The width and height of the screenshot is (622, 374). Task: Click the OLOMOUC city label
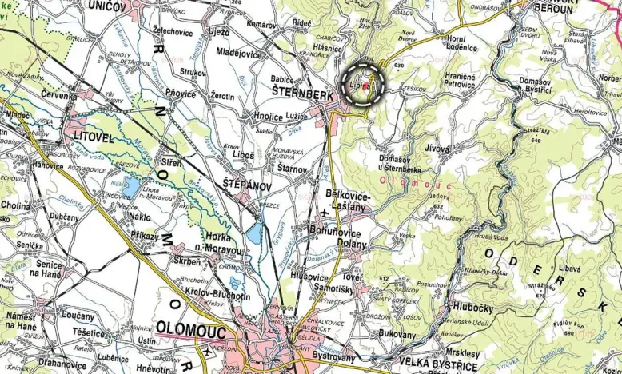pos(191,328)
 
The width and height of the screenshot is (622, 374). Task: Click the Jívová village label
pos(437,148)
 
